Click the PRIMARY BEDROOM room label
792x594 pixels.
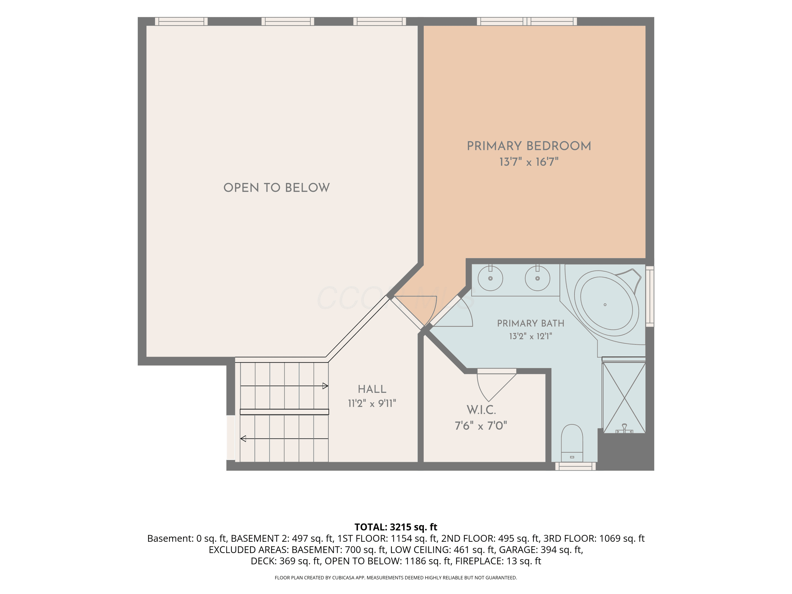(x=529, y=146)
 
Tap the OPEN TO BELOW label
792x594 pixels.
(x=276, y=188)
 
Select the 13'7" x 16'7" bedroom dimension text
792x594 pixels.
(x=529, y=162)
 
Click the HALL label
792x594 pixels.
(x=372, y=389)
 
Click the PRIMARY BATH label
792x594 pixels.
(x=531, y=323)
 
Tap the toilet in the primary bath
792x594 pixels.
(x=572, y=443)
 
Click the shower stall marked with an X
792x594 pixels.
(x=624, y=397)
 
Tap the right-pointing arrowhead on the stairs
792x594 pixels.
(x=325, y=386)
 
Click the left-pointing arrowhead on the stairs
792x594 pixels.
(x=243, y=439)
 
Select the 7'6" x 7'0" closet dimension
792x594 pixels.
(x=481, y=426)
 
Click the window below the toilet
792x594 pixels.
(x=575, y=466)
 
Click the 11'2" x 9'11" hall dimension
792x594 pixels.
(x=372, y=403)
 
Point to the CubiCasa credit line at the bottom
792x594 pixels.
(x=396, y=578)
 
